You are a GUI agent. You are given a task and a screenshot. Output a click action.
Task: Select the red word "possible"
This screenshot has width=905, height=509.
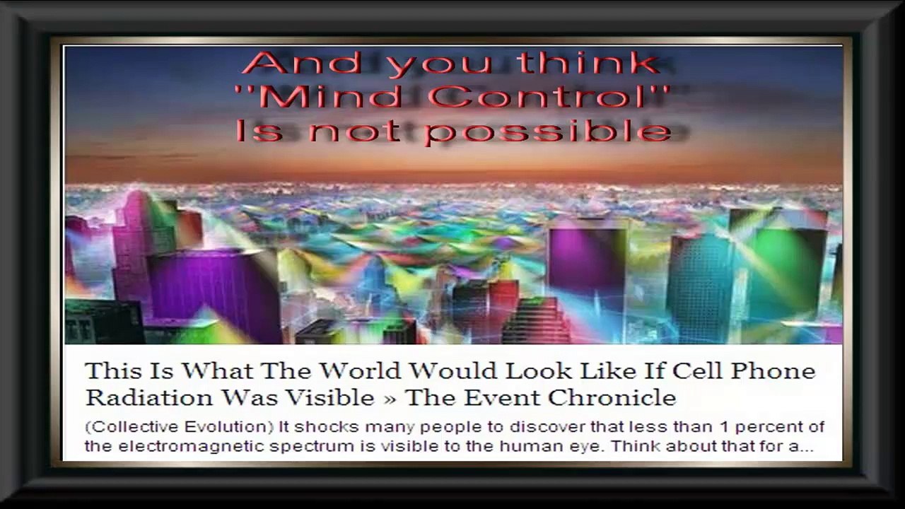tap(549, 131)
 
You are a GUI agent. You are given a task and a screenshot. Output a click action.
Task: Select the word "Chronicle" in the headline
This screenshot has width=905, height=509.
tap(612, 397)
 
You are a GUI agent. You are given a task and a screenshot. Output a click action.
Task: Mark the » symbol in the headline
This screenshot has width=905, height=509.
tap(390, 398)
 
